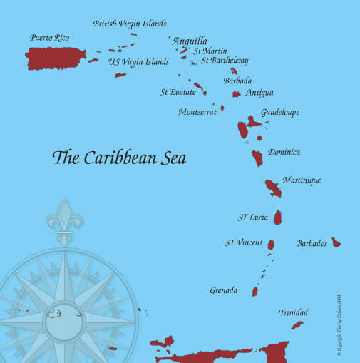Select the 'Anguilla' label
point(190,41)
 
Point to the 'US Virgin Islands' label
point(139,62)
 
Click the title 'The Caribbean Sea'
point(120,158)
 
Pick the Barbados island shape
point(336,242)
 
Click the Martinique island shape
point(273,188)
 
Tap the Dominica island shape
point(257,158)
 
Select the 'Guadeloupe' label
point(280,113)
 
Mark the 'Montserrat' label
point(197,112)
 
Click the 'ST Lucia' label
point(252,217)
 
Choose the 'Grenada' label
point(223,290)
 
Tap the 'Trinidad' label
point(294,312)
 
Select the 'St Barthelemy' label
point(225,61)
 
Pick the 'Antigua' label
point(259,93)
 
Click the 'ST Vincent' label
point(244,243)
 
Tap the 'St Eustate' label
point(178,91)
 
